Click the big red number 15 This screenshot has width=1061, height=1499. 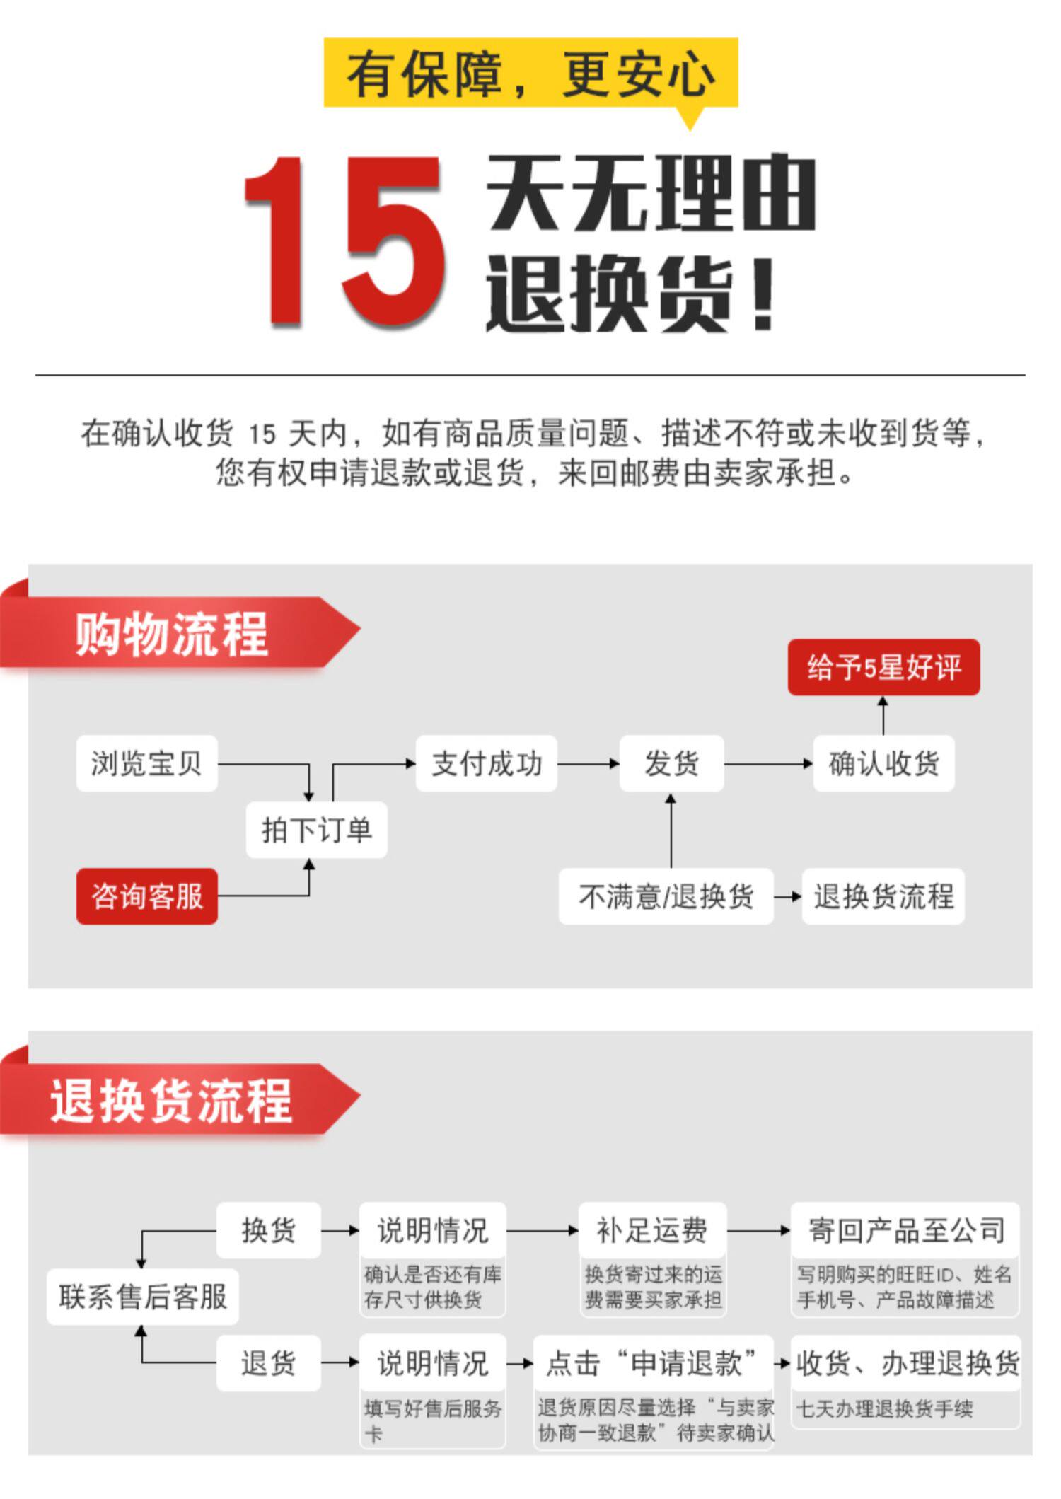pos(344,242)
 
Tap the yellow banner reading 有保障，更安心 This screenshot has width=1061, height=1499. pos(530,73)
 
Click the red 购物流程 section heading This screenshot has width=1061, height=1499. pos(171,633)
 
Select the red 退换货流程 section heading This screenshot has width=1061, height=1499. pos(171,1101)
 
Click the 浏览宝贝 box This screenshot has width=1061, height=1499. pos(146,763)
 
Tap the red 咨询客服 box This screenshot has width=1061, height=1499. pos(146,896)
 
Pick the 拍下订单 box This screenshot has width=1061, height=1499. pos(316,830)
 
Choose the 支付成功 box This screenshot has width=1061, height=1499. pos(486,763)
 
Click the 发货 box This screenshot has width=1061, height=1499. pos(671,763)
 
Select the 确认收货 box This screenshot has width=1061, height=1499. pos(883,763)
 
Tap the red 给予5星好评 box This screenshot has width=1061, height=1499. pos(883,667)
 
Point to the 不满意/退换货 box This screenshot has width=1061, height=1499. pos(666,896)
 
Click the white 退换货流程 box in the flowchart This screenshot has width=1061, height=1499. pos(883,896)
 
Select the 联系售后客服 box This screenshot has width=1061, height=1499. pos(143,1297)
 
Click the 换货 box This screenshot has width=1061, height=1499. pos(268,1230)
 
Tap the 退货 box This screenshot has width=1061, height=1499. pos(268,1363)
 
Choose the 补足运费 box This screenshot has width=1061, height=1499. pos(652,1230)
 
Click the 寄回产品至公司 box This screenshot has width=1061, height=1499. pos(905,1230)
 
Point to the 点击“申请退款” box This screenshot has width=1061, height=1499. pos(652,1363)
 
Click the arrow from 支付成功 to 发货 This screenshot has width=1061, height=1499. pos(588,764)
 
